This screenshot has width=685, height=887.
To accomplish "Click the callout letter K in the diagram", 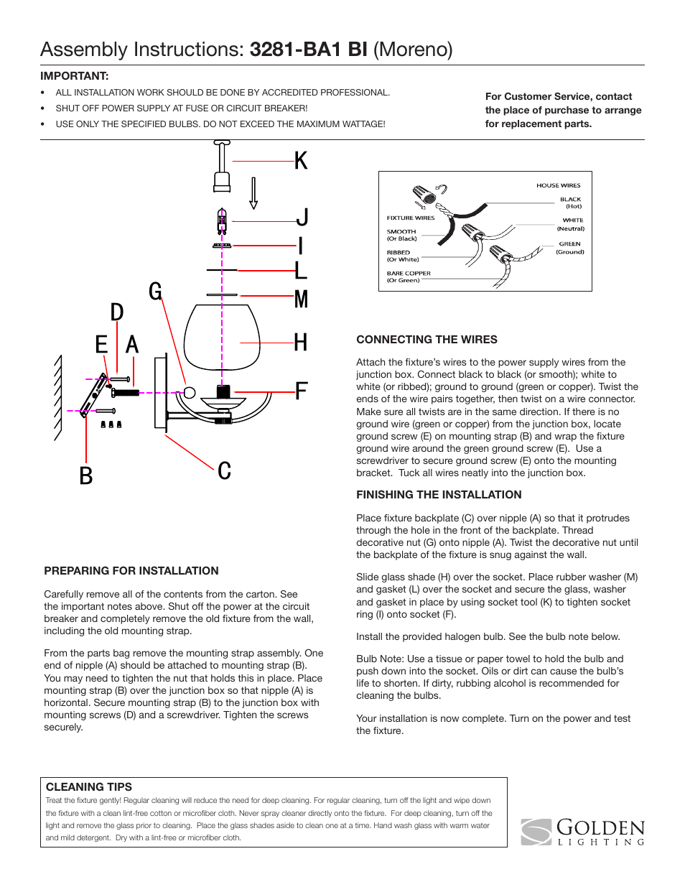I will tap(301, 161).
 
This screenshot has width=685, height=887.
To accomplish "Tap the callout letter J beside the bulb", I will tap(302, 218).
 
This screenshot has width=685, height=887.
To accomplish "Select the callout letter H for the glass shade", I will tap(301, 343).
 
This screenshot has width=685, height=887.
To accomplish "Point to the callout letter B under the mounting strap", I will tap(86, 476).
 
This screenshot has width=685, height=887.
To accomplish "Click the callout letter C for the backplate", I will tap(225, 471).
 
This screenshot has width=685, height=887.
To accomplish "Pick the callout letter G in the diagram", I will tap(155, 292).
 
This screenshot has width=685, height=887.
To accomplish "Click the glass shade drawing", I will tap(221, 338).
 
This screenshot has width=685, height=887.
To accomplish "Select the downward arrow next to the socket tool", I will tap(253, 193).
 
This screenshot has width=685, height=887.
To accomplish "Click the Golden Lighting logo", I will tap(583, 832).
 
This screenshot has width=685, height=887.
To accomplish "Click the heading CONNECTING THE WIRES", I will tap(427, 340).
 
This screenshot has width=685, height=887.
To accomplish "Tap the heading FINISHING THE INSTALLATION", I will tap(439, 495).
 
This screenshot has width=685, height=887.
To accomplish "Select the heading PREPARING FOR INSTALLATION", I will tap(131, 571).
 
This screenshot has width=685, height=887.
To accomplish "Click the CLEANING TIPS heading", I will tap(89, 787).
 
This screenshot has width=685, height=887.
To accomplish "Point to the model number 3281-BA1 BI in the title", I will tap(309, 50).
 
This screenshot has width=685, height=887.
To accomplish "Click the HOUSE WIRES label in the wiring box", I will tap(558, 185).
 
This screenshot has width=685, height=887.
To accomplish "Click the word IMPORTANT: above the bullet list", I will tap(75, 76).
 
